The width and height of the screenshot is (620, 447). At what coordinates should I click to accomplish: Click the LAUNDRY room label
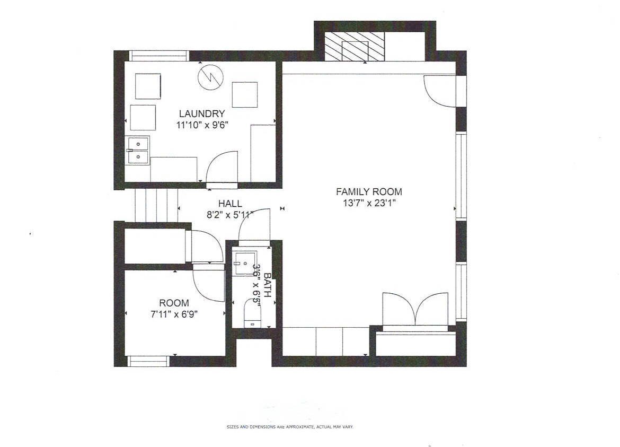click(x=202, y=113)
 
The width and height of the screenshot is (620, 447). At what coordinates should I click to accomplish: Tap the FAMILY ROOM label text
click(x=369, y=192)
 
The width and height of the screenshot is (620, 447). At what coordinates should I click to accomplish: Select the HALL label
click(x=230, y=204)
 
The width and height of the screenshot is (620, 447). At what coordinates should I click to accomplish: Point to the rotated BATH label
click(x=267, y=285)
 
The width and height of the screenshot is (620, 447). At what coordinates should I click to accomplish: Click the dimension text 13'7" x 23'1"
click(x=369, y=203)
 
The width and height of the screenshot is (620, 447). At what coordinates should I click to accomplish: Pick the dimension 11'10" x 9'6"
click(x=202, y=125)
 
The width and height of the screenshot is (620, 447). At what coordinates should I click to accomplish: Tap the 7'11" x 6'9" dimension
click(x=174, y=314)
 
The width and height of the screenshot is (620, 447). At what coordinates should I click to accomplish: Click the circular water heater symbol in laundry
click(x=210, y=77)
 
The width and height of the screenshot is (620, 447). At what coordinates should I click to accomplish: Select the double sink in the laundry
click(x=138, y=150)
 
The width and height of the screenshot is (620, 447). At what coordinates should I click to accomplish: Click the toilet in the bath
click(x=253, y=313)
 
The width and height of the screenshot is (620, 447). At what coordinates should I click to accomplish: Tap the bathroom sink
click(x=244, y=262)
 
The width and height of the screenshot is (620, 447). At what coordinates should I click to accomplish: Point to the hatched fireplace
click(x=355, y=46)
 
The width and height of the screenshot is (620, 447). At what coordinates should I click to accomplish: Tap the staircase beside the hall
click(x=156, y=205)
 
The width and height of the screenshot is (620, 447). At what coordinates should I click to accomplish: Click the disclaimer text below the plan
click(x=290, y=427)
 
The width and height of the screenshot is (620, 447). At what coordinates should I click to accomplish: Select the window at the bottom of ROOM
click(x=148, y=361)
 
